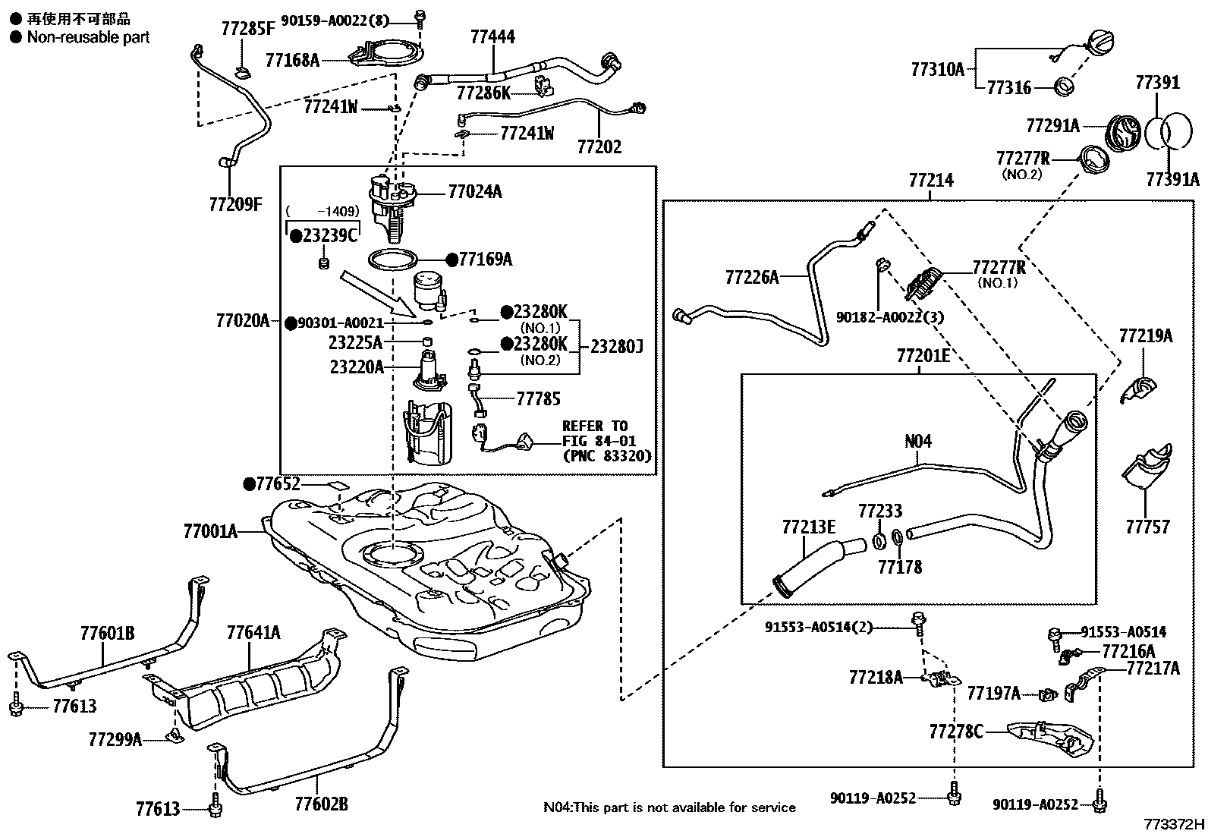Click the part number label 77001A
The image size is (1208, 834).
(210, 531)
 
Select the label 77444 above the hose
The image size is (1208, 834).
(492, 36)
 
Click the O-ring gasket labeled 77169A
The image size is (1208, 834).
(392, 260)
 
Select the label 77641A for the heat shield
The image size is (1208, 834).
(253, 632)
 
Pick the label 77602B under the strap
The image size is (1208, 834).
(321, 803)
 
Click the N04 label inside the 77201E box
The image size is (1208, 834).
(918, 441)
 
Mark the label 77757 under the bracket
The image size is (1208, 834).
(1147, 526)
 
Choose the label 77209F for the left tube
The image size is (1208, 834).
(235, 204)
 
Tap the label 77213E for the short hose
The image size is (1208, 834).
(808, 526)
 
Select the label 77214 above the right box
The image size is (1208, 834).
(931, 181)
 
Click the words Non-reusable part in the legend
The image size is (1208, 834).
(88, 37)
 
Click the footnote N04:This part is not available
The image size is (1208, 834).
(669, 807)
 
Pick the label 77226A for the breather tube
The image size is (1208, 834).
(751, 277)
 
